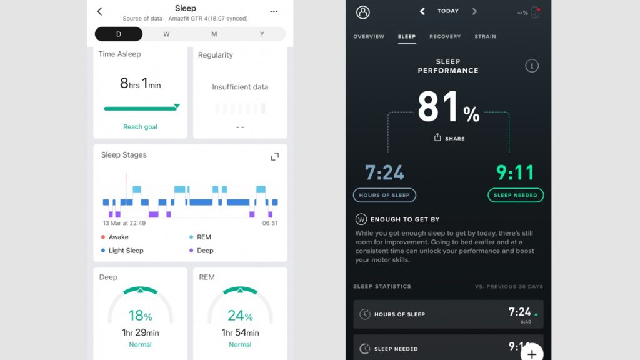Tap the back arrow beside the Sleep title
(x=100, y=11)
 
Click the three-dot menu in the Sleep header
(x=274, y=11)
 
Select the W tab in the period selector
(x=166, y=34)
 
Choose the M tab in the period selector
(x=214, y=34)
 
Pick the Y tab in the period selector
(x=262, y=34)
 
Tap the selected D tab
(x=119, y=34)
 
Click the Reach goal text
(x=140, y=127)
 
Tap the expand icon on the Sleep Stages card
(x=274, y=156)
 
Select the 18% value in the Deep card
(x=140, y=316)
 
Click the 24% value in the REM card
(x=240, y=316)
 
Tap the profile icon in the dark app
(x=362, y=12)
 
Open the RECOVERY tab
(x=445, y=37)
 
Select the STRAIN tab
(x=485, y=37)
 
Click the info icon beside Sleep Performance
(x=532, y=66)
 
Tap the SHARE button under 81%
(x=449, y=138)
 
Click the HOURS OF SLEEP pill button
(x=384, y=195)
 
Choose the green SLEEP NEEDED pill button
(x=516, y=195)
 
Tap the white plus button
(x=532, y=354)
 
